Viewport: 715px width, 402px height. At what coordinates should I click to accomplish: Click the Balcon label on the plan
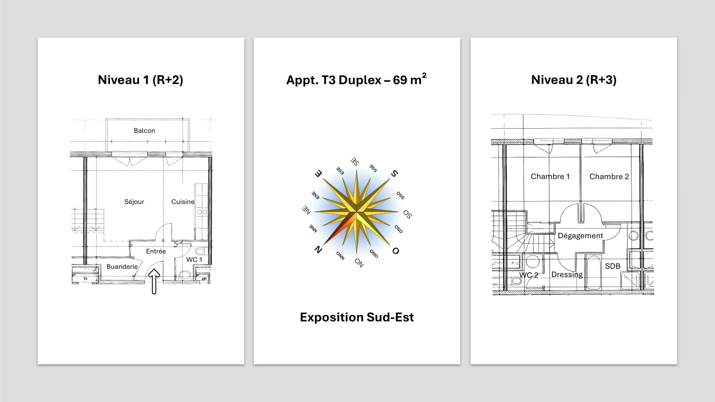point(144,130)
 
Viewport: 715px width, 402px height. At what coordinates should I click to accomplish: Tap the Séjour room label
point(134,201)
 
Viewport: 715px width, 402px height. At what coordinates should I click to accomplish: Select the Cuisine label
point(183,201)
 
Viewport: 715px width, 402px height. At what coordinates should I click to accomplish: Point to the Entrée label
point(156,251)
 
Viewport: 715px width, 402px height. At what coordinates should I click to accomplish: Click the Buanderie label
point(122,267)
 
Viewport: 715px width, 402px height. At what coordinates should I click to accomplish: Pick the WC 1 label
point(194,260)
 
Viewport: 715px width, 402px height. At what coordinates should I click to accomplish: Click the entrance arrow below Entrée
point(154,281)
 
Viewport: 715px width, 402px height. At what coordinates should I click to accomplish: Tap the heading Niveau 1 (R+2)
point(140,80)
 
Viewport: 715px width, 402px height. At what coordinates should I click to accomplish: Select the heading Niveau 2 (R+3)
point(574,80)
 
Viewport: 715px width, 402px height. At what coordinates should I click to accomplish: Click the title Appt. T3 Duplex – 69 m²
point(357,80)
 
